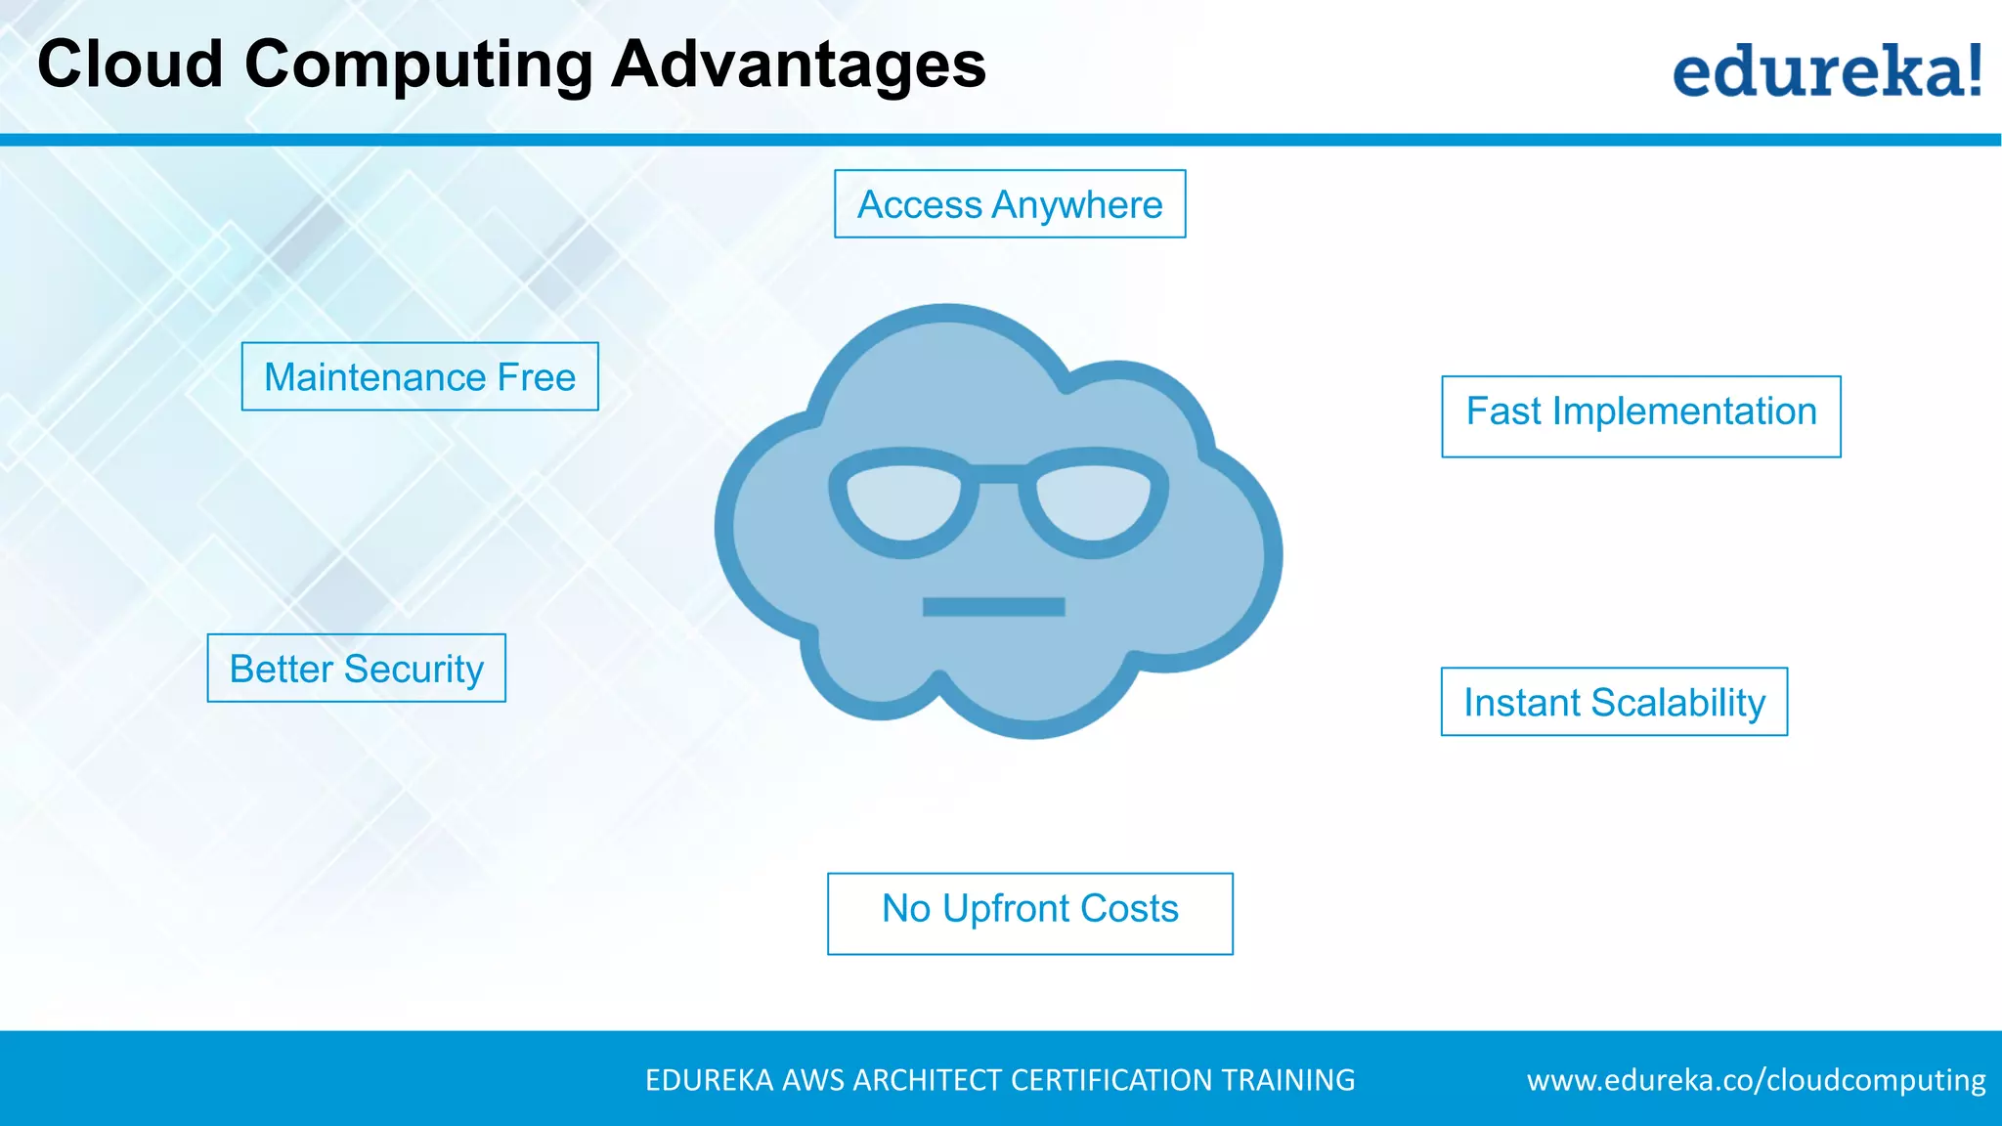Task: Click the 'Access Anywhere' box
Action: [1010, 204]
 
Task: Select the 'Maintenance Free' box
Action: [419, 377]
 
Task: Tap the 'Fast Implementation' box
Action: [1640, 416]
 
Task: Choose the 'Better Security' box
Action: [356, 669]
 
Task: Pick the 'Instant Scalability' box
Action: [1614, 702]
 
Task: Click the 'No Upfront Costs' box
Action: [1029, 913]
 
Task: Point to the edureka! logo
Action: [1826, 70]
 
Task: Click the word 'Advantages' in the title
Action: [798, 65]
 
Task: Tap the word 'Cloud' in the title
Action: [131, 65]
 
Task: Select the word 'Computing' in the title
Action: [417, 66]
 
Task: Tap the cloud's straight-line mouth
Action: [993, 607]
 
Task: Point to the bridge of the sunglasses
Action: [998, 475]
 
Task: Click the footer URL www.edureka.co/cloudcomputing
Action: [1756, 1080]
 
